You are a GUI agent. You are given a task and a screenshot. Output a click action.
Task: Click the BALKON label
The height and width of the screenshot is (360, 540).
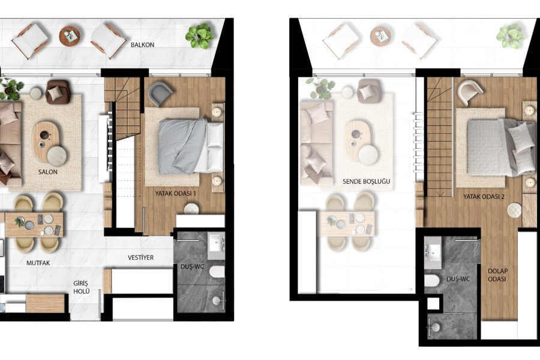coord(142,45)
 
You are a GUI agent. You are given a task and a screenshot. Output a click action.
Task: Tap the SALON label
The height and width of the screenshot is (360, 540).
coord(48,172)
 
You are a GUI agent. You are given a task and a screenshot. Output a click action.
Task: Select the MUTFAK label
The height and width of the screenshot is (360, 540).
coord(38,263)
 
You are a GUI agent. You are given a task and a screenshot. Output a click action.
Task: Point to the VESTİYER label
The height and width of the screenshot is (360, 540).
coord(140,257)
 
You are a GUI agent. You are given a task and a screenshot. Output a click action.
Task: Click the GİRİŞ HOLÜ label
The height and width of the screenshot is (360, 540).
coord(81,287)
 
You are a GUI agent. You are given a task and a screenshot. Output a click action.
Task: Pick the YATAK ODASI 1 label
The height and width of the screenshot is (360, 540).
coord(175,194)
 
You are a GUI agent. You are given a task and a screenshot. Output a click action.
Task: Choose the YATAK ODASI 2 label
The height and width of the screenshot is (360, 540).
coord(484,197)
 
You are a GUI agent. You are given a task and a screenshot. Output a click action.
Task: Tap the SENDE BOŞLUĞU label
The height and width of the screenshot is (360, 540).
coord(367,181)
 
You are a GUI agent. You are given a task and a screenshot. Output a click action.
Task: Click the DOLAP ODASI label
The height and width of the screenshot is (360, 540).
coord(497,275)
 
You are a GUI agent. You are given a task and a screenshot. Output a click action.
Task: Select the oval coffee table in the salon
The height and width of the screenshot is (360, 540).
coord(46,140)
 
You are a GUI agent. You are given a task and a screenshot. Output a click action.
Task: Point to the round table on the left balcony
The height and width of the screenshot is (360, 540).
coord(70,36)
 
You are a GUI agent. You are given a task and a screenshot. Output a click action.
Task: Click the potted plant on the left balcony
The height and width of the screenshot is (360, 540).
coord(199,36)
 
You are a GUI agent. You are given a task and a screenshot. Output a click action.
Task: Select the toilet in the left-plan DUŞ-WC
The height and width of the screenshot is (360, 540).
coord(217,272)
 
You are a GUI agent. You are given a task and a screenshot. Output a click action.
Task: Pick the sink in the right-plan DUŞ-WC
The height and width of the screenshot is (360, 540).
coord(433,252)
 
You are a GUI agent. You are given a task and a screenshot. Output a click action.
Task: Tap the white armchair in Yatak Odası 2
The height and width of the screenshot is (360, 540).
coord(470,92)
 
